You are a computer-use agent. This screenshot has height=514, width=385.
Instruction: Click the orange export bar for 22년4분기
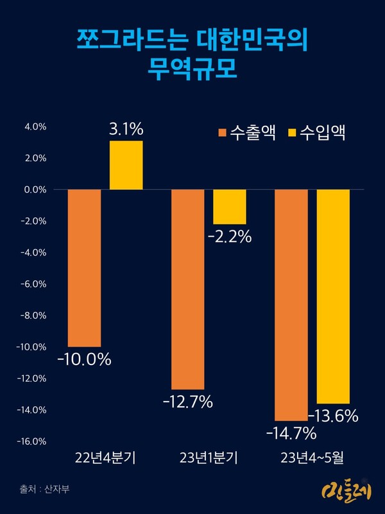[x=84, y=268]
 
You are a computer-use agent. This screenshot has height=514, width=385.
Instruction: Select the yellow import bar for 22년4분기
[x=126, y=165]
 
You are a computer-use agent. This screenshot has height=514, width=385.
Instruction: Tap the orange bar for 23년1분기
[x=187, y=289]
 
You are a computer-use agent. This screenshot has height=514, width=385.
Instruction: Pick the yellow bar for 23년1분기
[x=229, y=207]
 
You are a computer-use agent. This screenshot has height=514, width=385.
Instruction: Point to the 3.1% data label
[x=126, y=130]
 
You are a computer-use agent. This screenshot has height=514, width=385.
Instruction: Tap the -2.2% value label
[x=229, y=237]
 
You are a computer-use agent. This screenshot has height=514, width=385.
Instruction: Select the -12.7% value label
[x=187, y=403]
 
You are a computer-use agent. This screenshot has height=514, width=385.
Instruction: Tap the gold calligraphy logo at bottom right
[x=343, y=492]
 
